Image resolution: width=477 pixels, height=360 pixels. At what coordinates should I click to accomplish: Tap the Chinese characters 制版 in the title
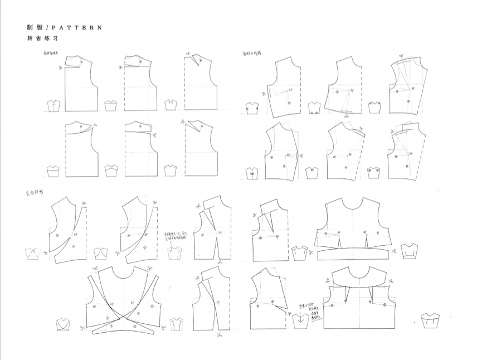34,27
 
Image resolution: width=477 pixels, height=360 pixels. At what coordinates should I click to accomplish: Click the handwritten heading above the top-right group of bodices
252,53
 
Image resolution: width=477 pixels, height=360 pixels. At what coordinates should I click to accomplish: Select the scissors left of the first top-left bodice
60,67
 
